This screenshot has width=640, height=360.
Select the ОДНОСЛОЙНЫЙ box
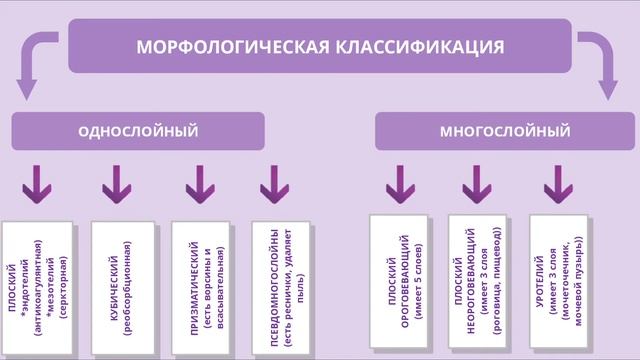tap(138, 131)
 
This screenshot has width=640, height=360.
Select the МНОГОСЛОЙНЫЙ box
tap(504, 131)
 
